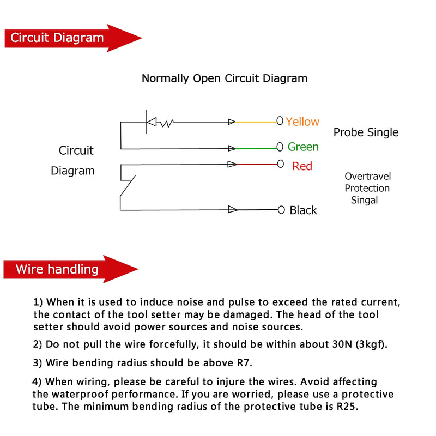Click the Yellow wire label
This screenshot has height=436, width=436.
point(302,122)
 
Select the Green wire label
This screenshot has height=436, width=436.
point(303,147)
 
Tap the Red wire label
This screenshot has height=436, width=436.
point(302,166)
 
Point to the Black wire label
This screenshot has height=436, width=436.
point(303,210)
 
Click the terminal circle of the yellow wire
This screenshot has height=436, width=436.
point(280,120)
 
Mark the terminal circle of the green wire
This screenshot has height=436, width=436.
point(280,147)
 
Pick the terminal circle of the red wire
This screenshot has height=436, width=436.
point(281,164)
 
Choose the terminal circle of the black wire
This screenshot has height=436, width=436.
point(281,210)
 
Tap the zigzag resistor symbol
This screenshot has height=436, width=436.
point(165,123)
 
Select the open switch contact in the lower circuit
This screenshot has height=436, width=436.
point(128,186)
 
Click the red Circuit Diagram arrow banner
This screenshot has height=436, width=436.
point(73,38)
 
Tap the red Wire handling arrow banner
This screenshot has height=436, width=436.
point(71,269)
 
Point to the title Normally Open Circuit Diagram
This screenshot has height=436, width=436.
point(225,78)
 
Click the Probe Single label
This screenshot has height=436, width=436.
point(366,132)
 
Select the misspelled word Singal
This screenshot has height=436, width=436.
point(364,200)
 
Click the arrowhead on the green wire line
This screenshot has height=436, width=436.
point(232,148)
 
